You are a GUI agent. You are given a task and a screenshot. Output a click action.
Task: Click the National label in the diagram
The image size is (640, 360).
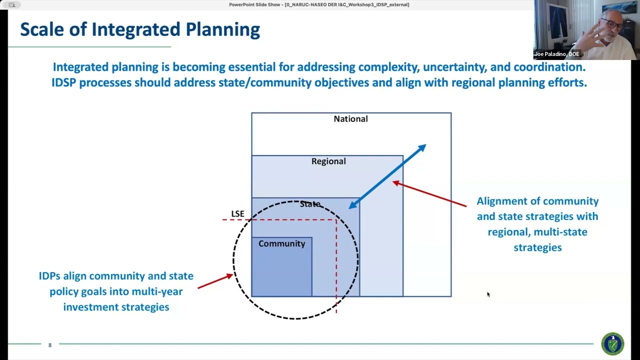(x=350, y=119)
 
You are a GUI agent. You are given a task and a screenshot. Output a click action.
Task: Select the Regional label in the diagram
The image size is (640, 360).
(x=328, y=161)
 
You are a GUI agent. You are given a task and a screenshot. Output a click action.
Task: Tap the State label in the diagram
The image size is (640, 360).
(x=310, y=204)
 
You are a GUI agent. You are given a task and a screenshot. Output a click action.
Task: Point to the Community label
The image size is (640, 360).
(x=281, y=243)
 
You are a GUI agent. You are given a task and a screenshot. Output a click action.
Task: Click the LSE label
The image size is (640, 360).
(x=237, y=214)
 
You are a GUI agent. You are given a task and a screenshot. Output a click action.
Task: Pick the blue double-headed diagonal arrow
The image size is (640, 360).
(x=387, y=176)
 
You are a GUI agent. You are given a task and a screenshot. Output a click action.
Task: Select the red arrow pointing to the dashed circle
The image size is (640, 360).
(x=215, y=281)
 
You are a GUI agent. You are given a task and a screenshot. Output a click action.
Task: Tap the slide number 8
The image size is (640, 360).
(x=50, y=345)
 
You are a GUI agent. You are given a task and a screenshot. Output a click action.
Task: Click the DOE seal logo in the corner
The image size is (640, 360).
(x=612, y=344)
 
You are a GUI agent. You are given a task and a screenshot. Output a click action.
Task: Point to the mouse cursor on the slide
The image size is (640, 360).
(x=488, y=294)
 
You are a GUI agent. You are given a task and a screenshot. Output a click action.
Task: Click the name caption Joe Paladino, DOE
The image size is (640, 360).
(x=556, y=54)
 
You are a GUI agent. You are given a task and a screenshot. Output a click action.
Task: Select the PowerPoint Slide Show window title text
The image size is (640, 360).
(x=319, y=4)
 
